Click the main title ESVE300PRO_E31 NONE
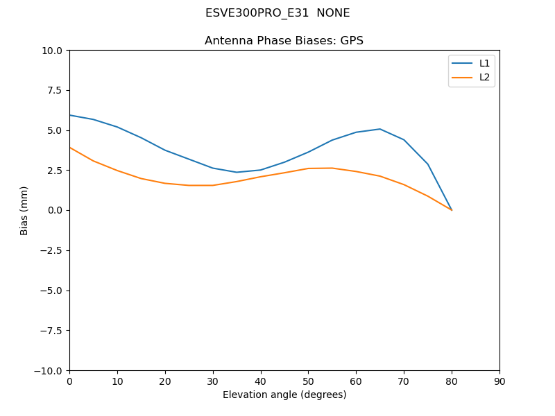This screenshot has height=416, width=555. point(277,13)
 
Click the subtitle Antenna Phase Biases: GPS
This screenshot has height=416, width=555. point(284,41)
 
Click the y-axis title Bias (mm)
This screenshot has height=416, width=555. point(24,210)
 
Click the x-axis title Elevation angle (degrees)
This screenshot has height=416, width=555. point(284,395)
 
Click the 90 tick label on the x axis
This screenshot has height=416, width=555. point(499,381)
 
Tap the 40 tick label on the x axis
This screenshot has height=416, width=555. point(261,381)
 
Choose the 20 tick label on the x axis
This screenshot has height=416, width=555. point(165,381)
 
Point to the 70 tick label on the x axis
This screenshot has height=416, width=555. point(404,381)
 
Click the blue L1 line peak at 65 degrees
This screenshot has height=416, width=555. point(380,129)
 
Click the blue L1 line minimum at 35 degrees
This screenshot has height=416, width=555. point(237,172)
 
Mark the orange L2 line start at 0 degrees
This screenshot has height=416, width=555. point(70,148)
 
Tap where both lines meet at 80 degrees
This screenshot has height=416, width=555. point(452,210)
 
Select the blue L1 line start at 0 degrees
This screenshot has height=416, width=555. point(70,115)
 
